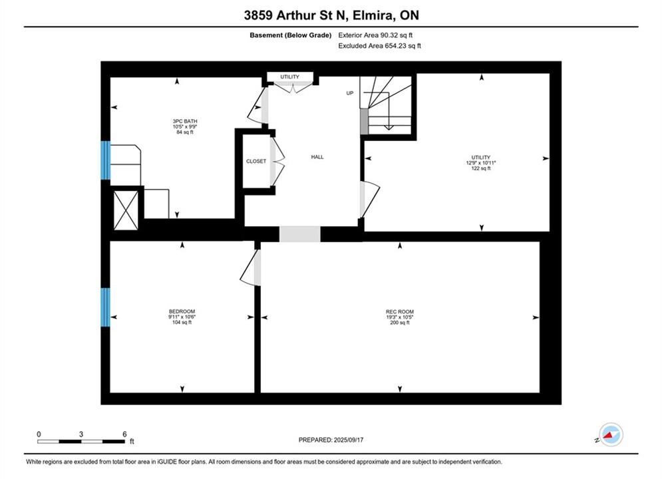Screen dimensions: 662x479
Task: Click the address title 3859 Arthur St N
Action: click(295, 15)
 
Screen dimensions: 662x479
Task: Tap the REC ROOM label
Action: click(399, 312)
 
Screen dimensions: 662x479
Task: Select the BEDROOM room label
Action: click(182, 311)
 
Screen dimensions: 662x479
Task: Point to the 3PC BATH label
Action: click(185, 121)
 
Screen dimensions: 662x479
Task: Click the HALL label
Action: click(317, 157)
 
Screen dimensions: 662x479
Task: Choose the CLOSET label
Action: click(256, 161)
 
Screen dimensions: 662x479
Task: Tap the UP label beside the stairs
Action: click(350, 93)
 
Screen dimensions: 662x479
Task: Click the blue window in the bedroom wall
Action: click(106, 307)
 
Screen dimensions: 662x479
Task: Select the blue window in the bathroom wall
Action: click(106, 160)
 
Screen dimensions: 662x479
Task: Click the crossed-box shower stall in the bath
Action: click(126, 210)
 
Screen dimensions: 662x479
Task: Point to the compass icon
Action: click(611, 434)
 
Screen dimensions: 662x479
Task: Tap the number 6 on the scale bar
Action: click(124, 434)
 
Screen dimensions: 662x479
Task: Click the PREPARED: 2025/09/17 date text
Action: click(331, 440)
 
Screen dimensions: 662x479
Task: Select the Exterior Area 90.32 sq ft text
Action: click(375, 35)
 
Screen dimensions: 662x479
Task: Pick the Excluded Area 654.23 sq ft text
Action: click(379, 46)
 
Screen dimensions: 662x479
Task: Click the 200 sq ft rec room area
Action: click(400, 323)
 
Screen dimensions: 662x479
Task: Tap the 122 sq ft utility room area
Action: click(481, 168)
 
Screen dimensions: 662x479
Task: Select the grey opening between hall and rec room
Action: click(300, 234)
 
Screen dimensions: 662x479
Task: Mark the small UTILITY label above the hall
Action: click(289, 77)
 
